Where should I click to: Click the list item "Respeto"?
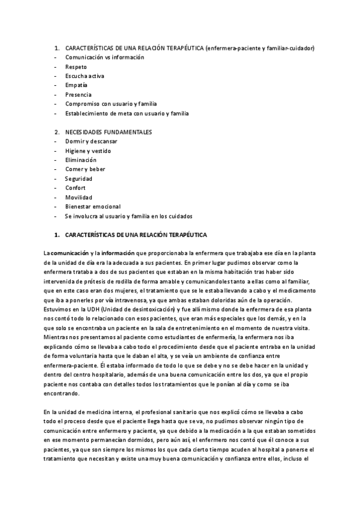(76, 67)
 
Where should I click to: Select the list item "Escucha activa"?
(85, 76)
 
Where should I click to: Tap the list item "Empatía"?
(76, 85)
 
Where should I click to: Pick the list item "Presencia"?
(79, 94)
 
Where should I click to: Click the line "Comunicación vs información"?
(105, 57)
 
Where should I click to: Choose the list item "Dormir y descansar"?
(91, 141)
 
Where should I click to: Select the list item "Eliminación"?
(81, 160)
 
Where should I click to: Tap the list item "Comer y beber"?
(85, 169)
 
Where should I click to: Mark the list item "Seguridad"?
(79, 178)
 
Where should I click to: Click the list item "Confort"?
(76, 188)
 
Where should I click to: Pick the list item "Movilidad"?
(79, 197)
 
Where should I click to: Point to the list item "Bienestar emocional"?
(93, 206)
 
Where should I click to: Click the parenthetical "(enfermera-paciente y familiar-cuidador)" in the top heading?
(259, 48)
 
